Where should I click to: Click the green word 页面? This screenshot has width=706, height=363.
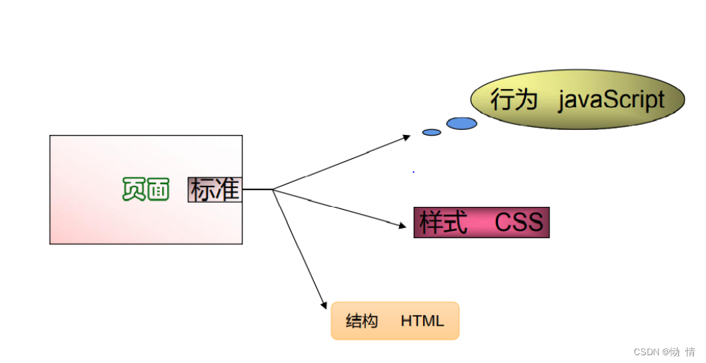point(146,189)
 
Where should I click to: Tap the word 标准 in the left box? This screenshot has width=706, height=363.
point(215,189)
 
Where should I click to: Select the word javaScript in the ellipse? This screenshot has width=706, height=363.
point(611,100)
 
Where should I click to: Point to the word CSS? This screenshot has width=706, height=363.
point(519,222)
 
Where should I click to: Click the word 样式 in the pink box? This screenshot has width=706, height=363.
point(444,222)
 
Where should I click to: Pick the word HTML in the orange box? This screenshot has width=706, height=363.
point(422,321)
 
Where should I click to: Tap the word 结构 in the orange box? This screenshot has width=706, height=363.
point(361,321)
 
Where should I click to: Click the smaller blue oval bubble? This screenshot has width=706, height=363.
point(432,132)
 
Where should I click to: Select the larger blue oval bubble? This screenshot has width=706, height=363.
point(461,124)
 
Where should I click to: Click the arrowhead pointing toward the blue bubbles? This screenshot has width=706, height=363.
point(406,136)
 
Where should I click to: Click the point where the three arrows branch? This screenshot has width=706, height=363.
point(273,189)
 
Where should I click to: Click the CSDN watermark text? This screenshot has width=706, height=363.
point(664,352)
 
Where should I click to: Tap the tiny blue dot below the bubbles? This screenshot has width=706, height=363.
point(413,172)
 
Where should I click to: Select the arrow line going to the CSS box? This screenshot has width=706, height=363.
point(336,206)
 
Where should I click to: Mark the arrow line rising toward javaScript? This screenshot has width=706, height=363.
point(340,163)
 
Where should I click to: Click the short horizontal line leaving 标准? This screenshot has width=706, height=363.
point(257,189)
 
